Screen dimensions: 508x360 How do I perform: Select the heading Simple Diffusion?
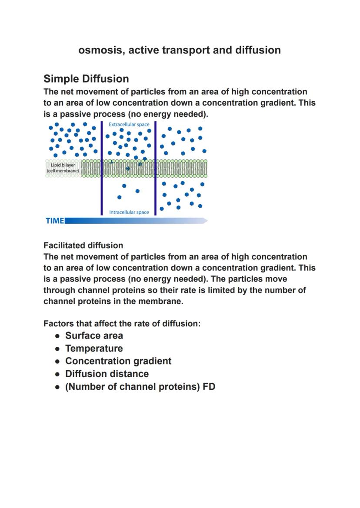click(86, 79)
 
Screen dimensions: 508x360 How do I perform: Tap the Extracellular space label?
click(129, 125)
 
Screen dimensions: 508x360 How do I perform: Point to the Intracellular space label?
click(129, 212)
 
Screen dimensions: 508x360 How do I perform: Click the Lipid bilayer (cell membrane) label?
click(63, 168)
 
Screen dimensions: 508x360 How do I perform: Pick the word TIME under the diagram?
click(55, 221)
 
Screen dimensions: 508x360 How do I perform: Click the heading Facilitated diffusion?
click(83, 246)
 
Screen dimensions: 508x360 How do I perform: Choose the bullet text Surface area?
click(94, 336)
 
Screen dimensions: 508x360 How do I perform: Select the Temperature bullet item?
click(94, 349)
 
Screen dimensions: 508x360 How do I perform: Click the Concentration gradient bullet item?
click(118, 361)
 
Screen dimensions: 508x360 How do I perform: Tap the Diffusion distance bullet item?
click(107, 374)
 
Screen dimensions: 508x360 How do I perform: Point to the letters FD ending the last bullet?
click(209, 387)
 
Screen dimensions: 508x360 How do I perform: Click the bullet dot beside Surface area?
click(57, 336)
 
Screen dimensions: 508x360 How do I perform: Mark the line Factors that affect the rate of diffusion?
click(122, 324)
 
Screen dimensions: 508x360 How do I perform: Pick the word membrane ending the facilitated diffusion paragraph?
click(162, 301)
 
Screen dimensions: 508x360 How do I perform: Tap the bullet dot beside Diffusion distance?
click(57, 374)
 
